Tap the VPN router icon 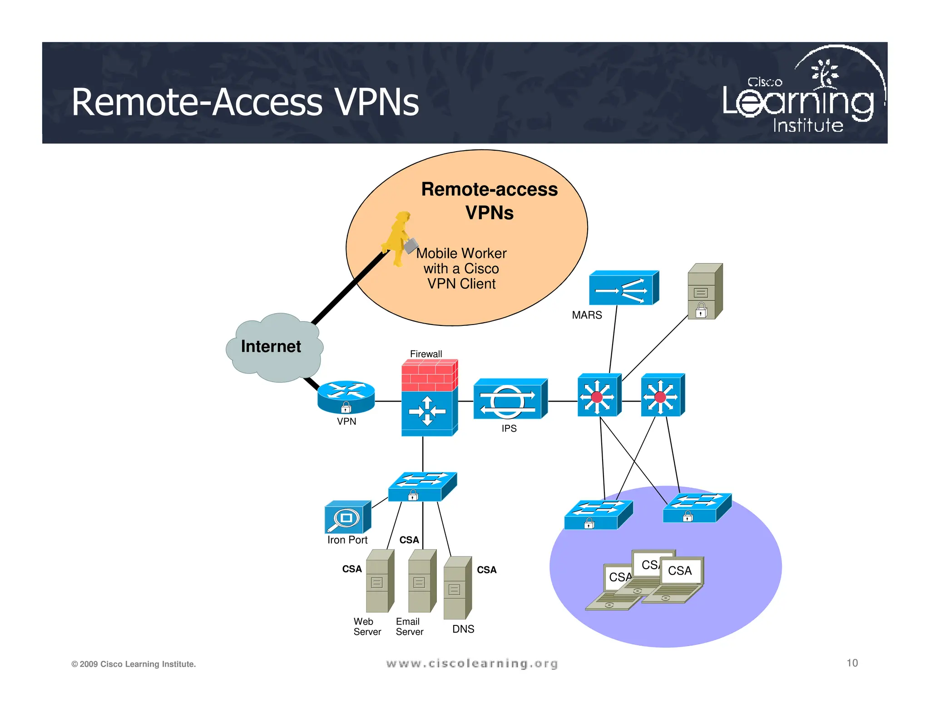[x=346, y=396]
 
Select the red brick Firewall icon [x=429, y=376]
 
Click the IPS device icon [x=510, y=399]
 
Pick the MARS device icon [x=623, y=289]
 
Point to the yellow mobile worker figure [x=398, y=238]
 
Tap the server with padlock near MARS [x=704, y=292]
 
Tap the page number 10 [x=852, y=663]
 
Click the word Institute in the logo [x=808, y=125]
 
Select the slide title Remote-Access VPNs [x=245, y=103]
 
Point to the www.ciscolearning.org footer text [x=472, y=664]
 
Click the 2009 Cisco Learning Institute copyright [x=134, y=664]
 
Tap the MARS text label [x=587, y=315]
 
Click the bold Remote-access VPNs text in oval [x=489, y=201]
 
